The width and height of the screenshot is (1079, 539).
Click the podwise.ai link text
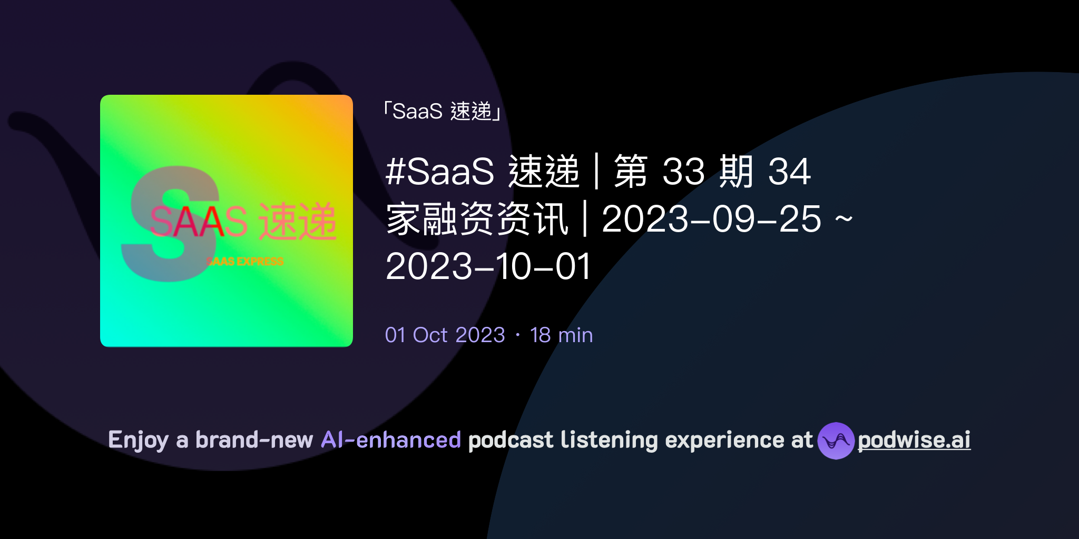[914, 440]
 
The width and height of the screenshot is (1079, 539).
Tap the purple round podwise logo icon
[836, 441]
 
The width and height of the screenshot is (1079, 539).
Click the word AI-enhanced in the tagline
[391, 440]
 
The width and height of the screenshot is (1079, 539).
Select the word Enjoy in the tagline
[138, 440]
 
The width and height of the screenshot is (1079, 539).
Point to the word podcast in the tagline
[511, 440]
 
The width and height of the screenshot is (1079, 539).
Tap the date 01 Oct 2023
[445, 335]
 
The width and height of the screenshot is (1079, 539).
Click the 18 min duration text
[561, 335]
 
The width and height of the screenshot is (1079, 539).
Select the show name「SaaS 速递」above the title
[443, 112]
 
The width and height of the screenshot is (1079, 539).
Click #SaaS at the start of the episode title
[440, 172]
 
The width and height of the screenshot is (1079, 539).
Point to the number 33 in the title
[683, 172]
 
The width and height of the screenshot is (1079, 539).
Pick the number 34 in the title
[789, 172]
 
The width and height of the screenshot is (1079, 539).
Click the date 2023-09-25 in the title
[711, 219]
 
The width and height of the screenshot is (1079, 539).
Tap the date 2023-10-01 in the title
[488, 266]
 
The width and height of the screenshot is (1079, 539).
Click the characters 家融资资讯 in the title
[477, 219]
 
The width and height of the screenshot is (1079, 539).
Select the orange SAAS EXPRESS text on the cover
[245, 262]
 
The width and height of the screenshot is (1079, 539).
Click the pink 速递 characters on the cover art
[298, 222]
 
